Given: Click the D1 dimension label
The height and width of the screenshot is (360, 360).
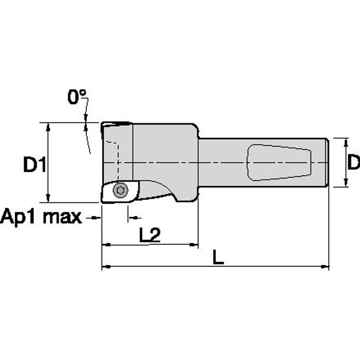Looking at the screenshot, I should (x=34, y=164).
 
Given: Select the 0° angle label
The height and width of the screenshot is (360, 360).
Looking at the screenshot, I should (x=77, y=97).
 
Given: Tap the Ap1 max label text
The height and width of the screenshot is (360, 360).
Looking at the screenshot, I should (x=41, y=218).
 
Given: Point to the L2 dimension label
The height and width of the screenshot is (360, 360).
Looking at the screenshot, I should (x=150, y=236).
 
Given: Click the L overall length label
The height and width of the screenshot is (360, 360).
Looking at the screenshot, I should (x=218, y=257).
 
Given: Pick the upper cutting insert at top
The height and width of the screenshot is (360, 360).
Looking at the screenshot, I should (x=116, y=125).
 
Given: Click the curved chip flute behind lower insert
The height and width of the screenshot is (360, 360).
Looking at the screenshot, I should (x=158, y=190).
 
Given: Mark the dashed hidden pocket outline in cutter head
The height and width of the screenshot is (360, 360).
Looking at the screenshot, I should (x=116, y=156).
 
